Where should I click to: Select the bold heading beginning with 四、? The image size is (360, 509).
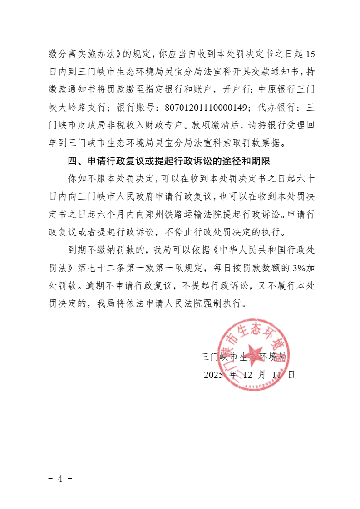169,161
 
